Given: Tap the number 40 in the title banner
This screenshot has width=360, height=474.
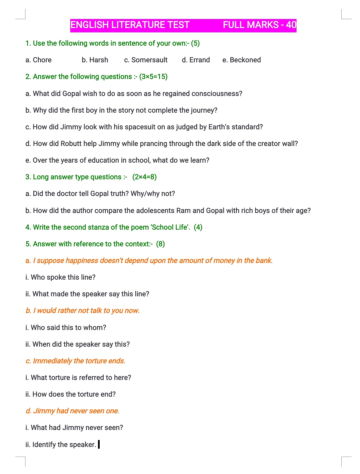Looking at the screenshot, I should click(x=291, y=25).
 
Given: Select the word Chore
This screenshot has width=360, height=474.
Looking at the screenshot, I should click(x=42, y=60).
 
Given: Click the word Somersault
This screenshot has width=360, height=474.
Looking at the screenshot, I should click(x=149, y=60).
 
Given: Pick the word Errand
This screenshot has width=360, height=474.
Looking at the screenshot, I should click(x=200, y=60).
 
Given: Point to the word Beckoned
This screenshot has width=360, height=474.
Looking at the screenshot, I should click(x=245, y=60).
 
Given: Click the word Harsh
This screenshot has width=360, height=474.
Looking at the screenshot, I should click(x=99, y=60).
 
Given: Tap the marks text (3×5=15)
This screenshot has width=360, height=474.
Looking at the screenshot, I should click(x=153, y=77).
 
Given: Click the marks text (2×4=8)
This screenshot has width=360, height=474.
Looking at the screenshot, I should click(x=144, y=177).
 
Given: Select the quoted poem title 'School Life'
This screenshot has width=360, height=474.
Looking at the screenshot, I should click(x=170, y=227).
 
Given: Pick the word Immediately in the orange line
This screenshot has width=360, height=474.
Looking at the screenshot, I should click(x=52, y=361).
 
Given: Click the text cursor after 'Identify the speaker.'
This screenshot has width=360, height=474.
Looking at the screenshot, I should click(x=99, y=444).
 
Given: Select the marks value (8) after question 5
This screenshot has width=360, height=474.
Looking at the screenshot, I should click(x=160, y=244).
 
